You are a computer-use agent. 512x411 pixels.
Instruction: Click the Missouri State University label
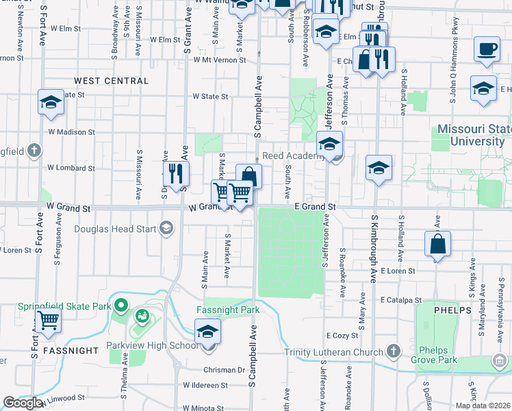(x=470, y=135)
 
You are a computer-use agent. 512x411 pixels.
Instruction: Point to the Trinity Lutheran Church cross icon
(x=393, y=352)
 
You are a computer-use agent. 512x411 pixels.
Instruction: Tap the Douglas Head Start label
(x=114, y=229)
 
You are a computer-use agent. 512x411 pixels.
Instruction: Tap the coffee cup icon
(x=487, y=49)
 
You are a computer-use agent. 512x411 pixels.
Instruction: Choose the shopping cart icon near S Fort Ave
(x=48, y=320)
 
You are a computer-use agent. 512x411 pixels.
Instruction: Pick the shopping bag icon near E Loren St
(x=437, y=244)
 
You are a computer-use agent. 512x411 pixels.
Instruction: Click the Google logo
(x=23, y=403)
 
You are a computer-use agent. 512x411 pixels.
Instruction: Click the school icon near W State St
(x=51, y=101)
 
